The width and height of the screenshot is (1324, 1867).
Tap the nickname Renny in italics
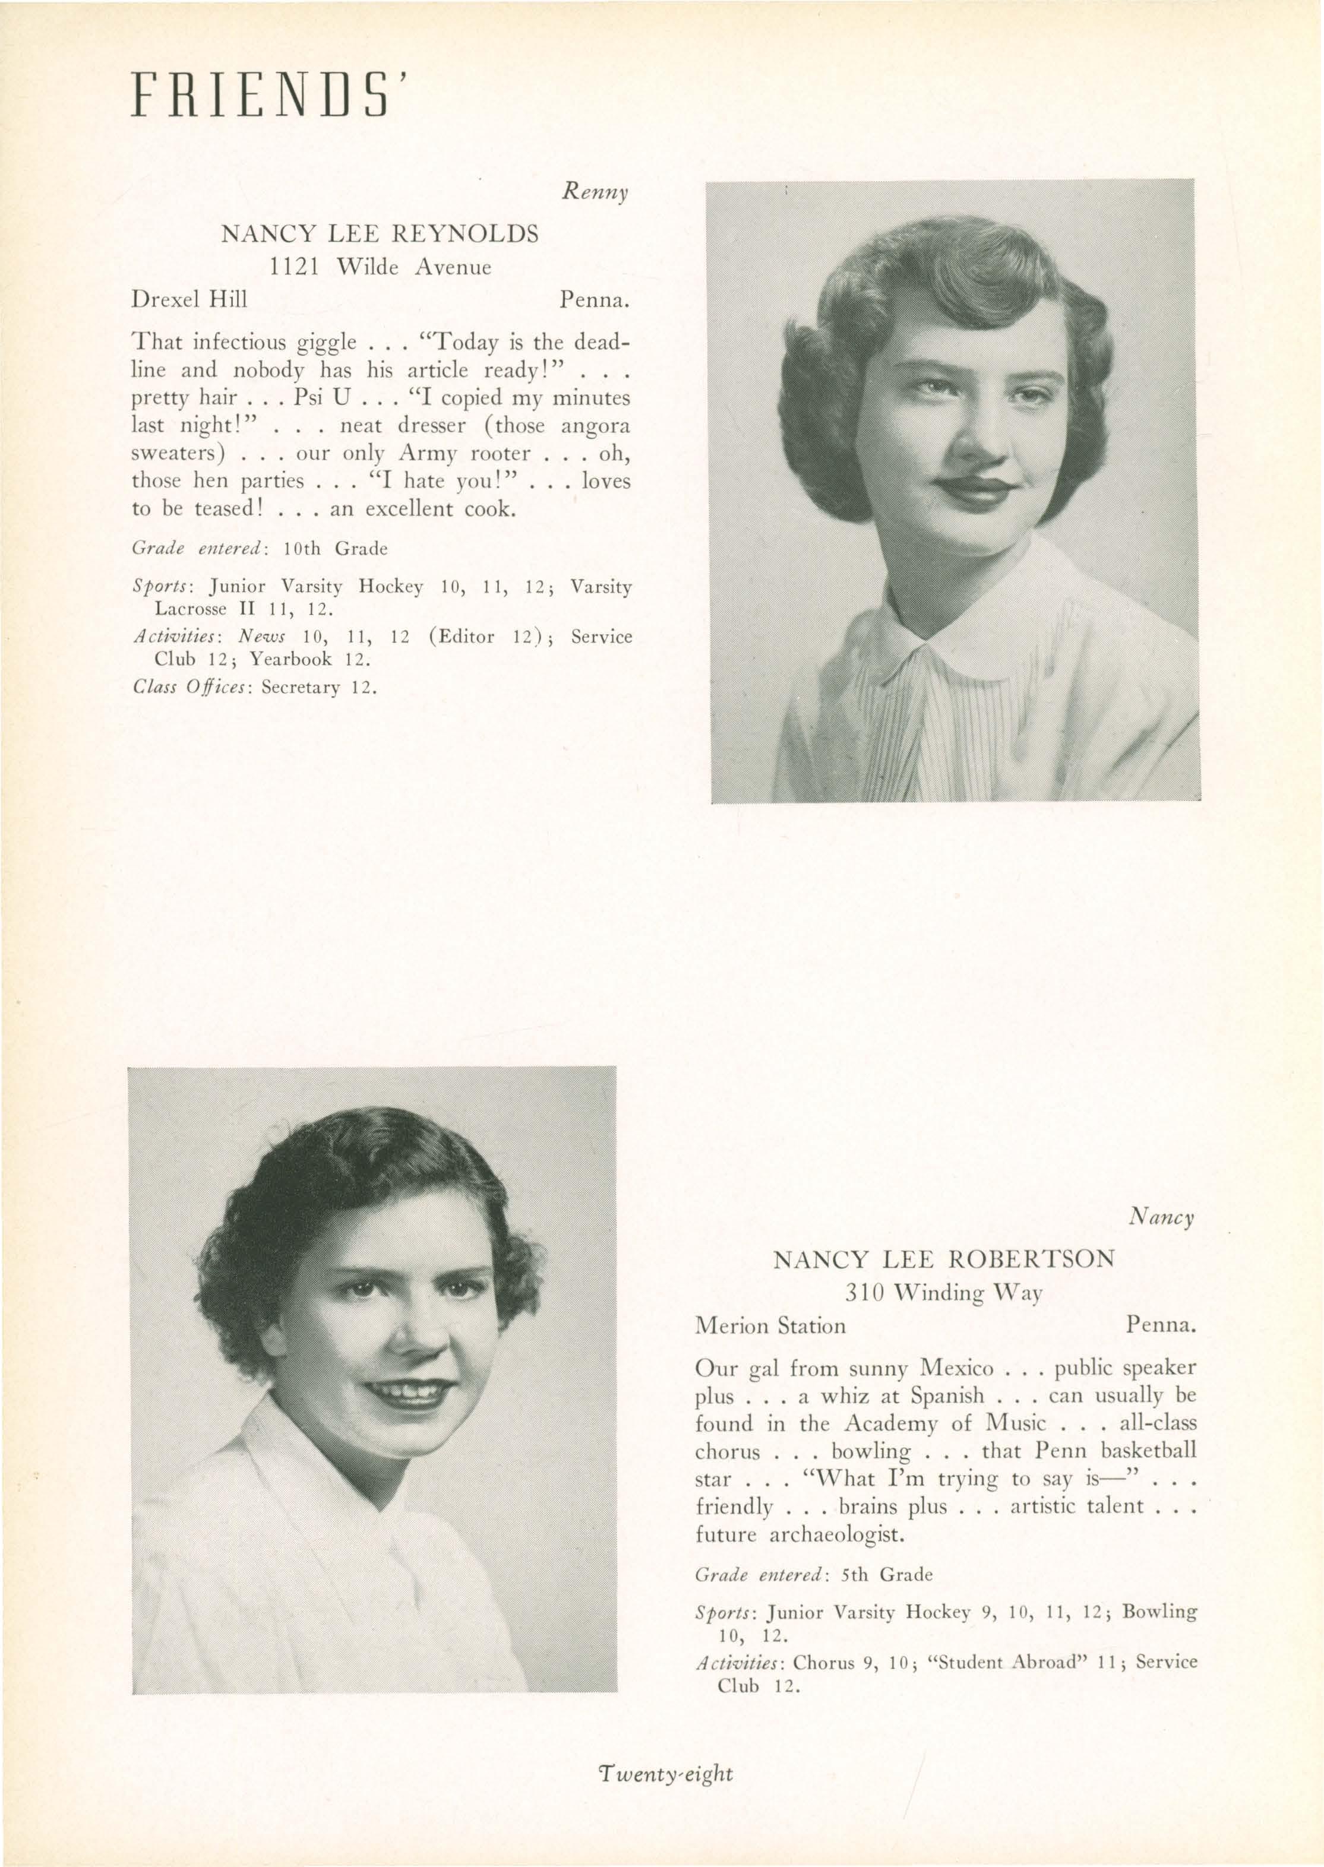(x=595, y=193)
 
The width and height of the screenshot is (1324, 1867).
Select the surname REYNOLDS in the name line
(x=466, y=235)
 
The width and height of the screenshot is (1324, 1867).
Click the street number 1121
(x=293, y=267)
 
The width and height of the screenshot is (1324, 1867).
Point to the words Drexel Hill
(x=189, y=300)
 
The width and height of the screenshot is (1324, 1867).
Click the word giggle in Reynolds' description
(x=321, y=342)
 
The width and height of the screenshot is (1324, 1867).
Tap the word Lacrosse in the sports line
(x=190, y=608)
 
